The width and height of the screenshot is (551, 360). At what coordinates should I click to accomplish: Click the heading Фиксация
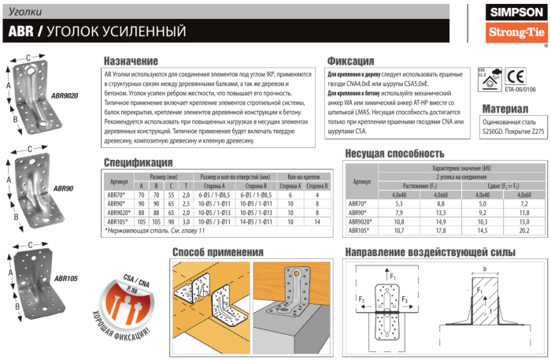(x=350, y=61)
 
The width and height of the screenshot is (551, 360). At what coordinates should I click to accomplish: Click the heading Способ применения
(x=219, y=252)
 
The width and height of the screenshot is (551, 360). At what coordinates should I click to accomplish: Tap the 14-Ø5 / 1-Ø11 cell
(x=256, y=222)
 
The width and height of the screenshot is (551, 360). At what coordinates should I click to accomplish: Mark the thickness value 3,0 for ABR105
(x=187, y=222)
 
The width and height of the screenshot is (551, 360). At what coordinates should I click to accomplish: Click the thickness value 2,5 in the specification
(x=187, y=202)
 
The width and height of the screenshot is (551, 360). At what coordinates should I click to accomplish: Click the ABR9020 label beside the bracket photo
(x=65, y=95)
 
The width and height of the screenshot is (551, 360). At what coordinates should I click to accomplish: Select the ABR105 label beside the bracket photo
(x=65, y=278)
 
